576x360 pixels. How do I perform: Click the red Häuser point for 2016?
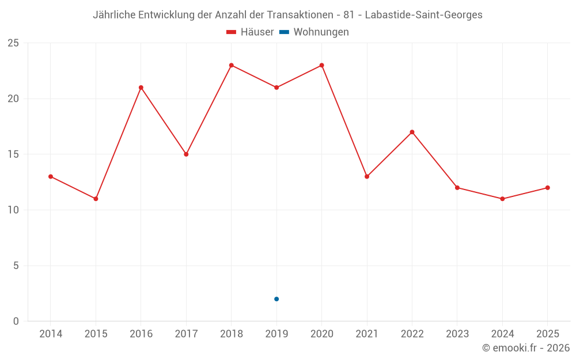141,88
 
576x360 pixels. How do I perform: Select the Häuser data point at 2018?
232,66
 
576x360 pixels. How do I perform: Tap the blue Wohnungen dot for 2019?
276,299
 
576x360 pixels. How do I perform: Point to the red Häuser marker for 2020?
322,66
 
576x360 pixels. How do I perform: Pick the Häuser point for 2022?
412,132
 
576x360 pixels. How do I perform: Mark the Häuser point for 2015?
96,199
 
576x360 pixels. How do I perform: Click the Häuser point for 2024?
502,199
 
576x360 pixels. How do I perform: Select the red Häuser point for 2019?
276,88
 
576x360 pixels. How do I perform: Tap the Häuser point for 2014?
51,177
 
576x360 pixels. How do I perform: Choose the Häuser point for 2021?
367,177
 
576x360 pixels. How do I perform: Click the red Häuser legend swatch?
231,32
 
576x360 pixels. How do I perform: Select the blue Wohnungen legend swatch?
285,32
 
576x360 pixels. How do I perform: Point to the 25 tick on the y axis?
13,43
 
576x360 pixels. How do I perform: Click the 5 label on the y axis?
16,266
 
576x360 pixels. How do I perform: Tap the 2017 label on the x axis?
186,334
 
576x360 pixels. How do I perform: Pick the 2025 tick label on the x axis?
548,334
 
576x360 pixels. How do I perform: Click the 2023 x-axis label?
457,334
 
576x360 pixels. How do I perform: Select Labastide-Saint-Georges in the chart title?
423,15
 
